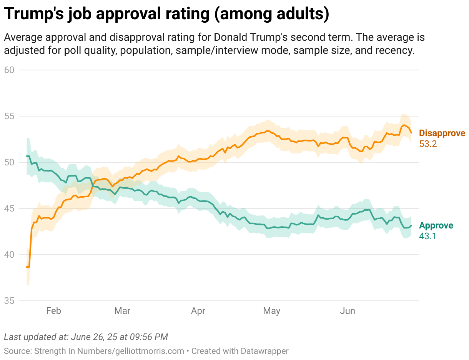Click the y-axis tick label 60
click(x=10, y=70)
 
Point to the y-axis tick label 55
click(x=10, y=116)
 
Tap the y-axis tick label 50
click(x=10, y=162)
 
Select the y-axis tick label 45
click(x=10, y=208)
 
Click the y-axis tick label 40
click(x=10, y=255)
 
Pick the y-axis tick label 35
click(x=10, y=301)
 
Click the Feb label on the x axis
click(x=53, y=311)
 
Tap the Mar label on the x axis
click(x=122, y=311)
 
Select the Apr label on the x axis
click(x=198, y=311)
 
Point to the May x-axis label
click(x=272, y=311)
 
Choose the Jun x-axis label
click(x=348, y=311)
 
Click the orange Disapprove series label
click(x=442, y=133)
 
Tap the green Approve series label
click(x=436, y=226)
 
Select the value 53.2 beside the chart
click(x=428, y=144)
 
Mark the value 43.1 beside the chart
click(x=427, y=236)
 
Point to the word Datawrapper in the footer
click(x=264, y=351)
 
